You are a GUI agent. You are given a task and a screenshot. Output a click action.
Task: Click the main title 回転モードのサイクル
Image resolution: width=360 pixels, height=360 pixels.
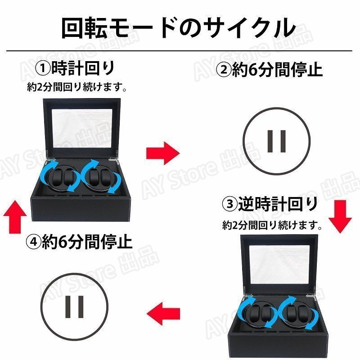(178, 27)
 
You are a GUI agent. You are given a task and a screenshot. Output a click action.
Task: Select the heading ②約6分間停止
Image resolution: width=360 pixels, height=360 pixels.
(270, 69)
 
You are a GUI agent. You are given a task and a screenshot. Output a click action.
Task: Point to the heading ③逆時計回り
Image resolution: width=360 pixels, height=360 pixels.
(270, 204)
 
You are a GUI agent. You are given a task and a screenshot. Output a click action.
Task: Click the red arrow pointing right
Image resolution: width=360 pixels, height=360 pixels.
(163, 153)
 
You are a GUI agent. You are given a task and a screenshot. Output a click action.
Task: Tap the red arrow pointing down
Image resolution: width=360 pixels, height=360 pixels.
(340, 216)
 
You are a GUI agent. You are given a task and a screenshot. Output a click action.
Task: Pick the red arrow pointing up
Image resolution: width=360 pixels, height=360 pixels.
(15, 217)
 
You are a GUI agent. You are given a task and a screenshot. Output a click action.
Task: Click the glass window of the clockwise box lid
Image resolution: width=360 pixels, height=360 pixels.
(82, 129)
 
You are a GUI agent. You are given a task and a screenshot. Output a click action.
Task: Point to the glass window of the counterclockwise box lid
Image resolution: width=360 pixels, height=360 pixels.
(279, 265)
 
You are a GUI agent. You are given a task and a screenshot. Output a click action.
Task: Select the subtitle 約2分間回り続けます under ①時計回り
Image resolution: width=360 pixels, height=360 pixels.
(76, 87)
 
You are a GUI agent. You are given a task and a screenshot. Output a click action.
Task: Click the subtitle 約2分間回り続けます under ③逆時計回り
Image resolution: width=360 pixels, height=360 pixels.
(272, 225)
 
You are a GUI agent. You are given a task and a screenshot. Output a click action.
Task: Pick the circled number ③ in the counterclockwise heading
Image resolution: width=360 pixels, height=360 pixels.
(230, 204)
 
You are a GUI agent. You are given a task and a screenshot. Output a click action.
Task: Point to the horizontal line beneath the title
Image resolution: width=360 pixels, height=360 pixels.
(179, 51)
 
